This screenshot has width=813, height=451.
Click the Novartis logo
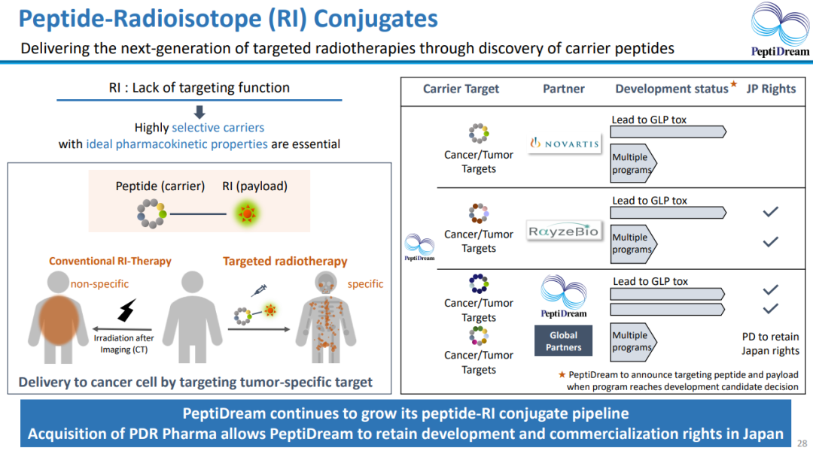pos(565,143)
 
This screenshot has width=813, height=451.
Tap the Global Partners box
pos(563,341)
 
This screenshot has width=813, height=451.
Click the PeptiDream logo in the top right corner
pos(781,30)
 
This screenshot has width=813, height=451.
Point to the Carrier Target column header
pos(461,89)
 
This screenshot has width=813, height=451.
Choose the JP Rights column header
pos(771,89)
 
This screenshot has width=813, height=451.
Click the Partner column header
pos(563,89)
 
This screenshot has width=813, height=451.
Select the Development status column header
pos(671,89)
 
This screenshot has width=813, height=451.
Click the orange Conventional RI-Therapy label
pos(110,262)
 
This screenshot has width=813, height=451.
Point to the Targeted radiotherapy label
pos(285,262)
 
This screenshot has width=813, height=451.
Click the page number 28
pos(802,443)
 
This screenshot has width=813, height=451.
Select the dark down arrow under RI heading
pos(199,112)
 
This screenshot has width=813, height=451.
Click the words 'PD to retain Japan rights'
pos(770,344)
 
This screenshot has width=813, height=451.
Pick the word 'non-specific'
pos(99,284)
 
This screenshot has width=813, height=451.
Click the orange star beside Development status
pos(734,83)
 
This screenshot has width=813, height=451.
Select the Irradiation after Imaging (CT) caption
pos(124,344)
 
